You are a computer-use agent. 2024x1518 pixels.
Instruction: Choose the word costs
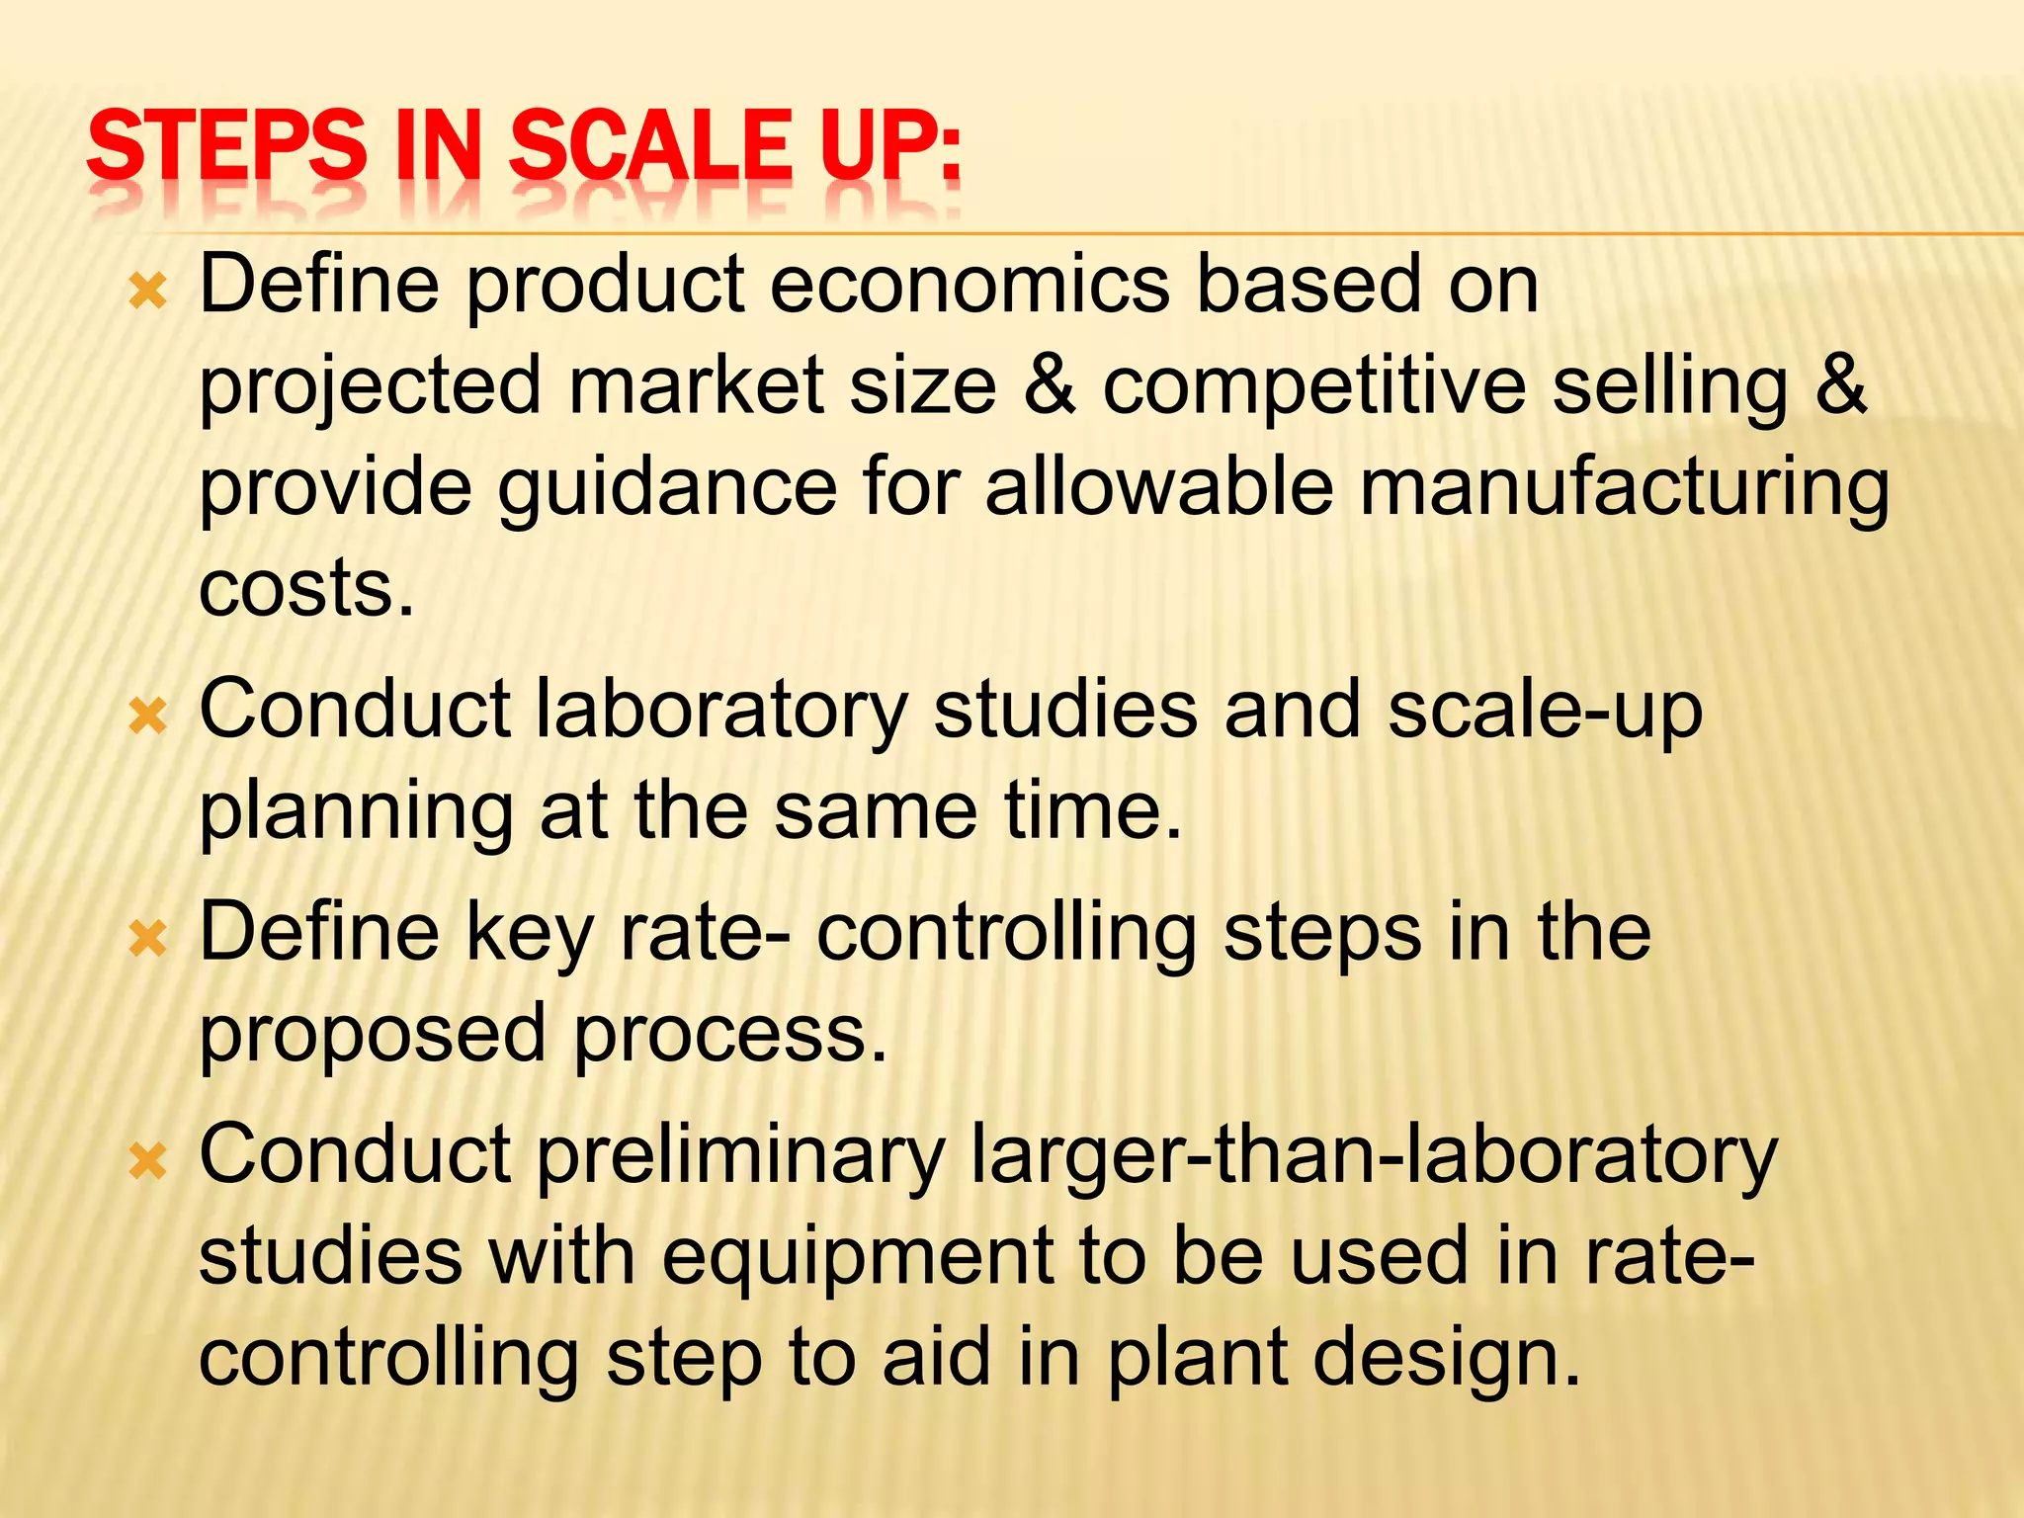pos(306,589)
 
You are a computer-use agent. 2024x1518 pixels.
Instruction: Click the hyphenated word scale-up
pos(1546,710)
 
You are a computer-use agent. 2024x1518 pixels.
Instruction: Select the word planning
pos(356,812)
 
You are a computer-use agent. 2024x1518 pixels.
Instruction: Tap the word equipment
pos(858,1257)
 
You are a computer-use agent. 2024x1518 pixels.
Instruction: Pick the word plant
pos(1195,1358)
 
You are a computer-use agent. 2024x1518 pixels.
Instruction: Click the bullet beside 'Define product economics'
pos(148,292)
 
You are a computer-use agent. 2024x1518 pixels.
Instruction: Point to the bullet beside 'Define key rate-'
pos(148,938)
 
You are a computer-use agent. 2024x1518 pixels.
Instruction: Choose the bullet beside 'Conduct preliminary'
pos(148,1160)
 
